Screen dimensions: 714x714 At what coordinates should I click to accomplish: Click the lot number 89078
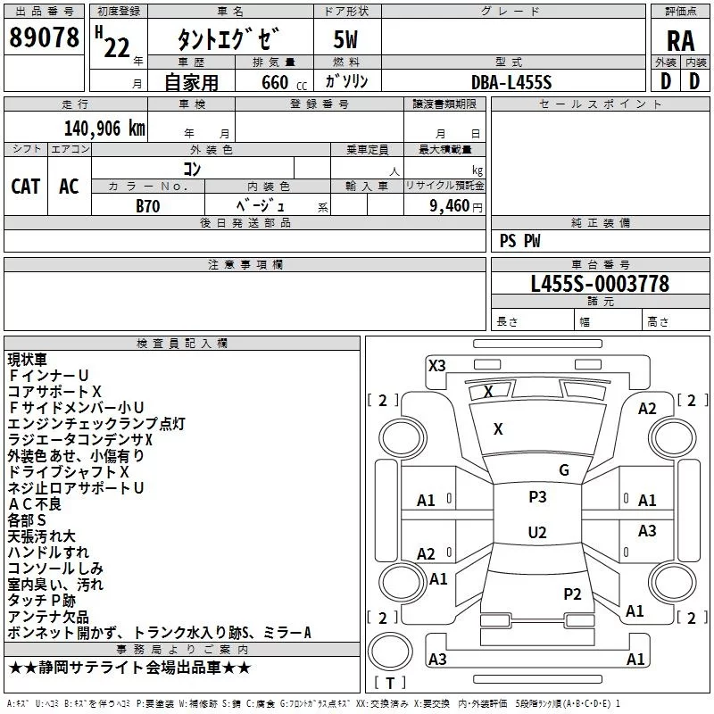pos(43,37)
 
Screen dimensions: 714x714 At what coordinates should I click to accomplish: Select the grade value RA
pos(680,39)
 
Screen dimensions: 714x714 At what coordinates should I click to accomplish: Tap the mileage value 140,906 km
pos(104,128)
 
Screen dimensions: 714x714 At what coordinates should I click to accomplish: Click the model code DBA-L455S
pos(511,81)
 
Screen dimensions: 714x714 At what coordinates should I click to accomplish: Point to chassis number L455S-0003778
pos(600,285)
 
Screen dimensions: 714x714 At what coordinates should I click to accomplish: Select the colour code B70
pos(148,204)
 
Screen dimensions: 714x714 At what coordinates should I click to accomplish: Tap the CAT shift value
pos(25,186)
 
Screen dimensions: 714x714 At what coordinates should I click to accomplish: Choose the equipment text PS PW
pos(519,241)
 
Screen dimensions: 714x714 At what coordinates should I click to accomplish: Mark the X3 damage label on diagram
pos(436,365)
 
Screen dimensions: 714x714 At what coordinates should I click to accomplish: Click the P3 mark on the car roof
pos(537,497)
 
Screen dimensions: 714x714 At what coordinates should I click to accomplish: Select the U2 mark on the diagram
pos(537,533)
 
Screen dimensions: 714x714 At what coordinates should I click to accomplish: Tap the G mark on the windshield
pos(564,469)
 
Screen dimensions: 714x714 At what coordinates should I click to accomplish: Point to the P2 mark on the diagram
pos(572,594)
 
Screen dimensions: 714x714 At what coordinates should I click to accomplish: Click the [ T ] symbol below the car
pos(389,683)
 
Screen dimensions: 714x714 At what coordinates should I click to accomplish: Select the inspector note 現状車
pos(29,360)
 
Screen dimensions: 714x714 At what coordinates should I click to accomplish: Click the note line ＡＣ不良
pos(35,504)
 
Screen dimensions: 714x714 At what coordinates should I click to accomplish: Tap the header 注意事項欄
pos(245,265)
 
